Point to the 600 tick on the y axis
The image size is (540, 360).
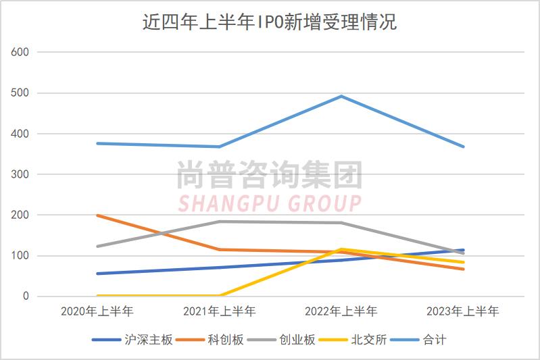click(21, 52)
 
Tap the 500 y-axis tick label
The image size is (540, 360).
click(21, 93)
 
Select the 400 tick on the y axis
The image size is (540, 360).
click(21, 134)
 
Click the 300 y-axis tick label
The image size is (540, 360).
click(21, 174)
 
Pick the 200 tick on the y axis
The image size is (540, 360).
click(21, 215)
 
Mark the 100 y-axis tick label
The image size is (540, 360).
click(21, 256)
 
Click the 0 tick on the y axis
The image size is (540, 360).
click(26, 297)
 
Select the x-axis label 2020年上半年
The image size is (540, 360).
click(97, 311)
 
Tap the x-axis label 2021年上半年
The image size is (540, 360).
click(219, 311)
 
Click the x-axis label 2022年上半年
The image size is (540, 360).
click(341, 311)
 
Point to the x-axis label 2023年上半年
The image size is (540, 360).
click(463, 311)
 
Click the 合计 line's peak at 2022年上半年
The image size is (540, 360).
click(341, 96)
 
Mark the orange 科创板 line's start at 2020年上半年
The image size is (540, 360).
click(97, 215)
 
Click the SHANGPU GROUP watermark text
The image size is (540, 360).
click(269, 203)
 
